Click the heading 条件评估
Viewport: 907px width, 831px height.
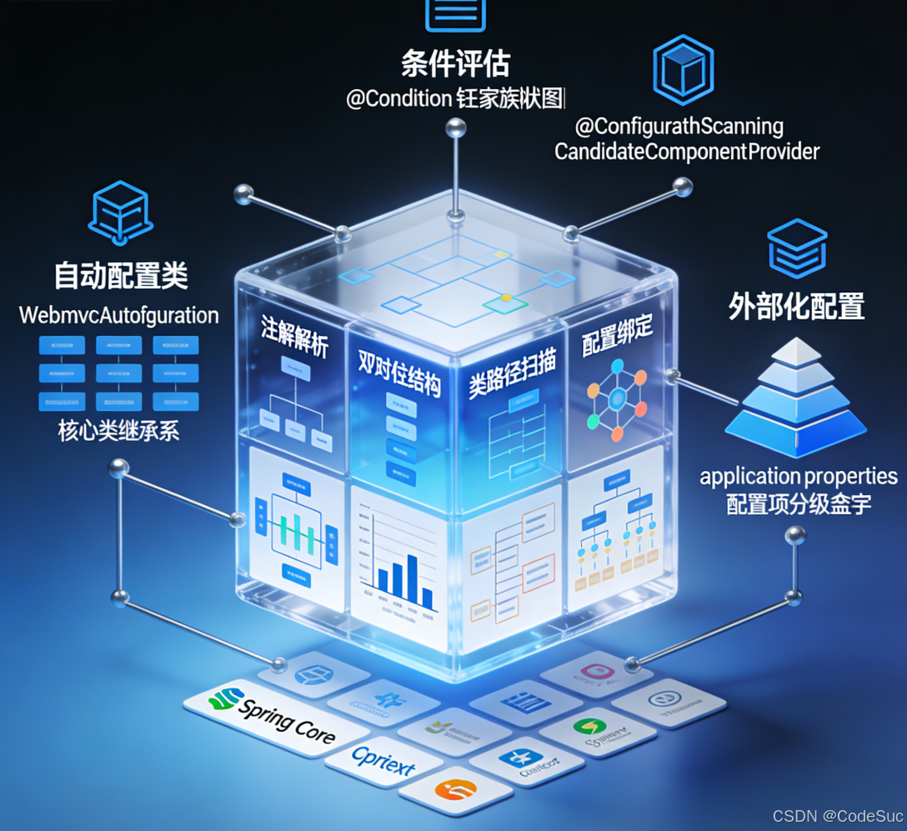(455, 64)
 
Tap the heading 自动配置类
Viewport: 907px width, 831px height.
(121, 276)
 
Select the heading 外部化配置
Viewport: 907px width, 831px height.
(796, 307)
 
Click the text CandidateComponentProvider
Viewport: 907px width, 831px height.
(687, 152)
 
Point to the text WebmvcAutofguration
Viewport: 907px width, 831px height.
(118, 316)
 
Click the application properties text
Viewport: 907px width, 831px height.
(798, 477)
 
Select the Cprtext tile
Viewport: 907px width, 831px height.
(383, 759)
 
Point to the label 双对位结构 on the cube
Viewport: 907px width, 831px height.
(398, 372)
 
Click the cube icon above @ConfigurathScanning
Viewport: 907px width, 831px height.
(683, 68)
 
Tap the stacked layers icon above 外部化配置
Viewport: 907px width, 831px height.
(797, 248)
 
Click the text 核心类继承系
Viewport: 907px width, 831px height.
(118, 431)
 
